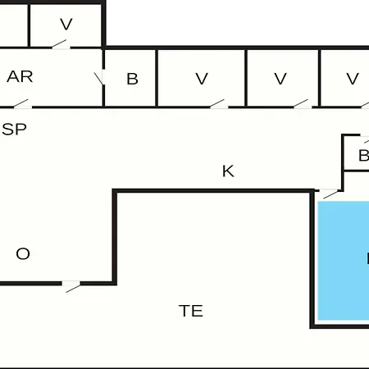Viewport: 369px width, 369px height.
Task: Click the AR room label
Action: pos(20,76)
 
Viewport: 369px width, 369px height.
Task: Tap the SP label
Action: pos(14,130)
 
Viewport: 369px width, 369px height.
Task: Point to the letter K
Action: pos(228,171)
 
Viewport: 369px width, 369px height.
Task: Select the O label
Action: pos(23,253)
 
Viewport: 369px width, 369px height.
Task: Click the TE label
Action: pos(191,311)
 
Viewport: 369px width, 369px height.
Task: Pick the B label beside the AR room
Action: pos(132,79)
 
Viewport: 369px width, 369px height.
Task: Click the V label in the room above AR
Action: pos(66,25)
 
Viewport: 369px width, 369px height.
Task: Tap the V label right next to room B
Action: pos(202,79)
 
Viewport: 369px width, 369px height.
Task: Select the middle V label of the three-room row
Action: pos(280,79)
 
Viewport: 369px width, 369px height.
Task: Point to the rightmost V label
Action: pos(353,79)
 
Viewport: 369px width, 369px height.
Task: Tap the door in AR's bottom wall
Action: pos(22,104)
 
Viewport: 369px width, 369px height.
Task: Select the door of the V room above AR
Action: pos(61,44)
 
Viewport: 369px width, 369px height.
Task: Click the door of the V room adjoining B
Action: pos(218,104)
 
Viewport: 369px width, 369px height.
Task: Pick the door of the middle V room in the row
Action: pos(303,104)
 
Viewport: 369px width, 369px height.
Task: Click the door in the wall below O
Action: pos(71,286)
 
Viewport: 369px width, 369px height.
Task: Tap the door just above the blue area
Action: pos(330,194)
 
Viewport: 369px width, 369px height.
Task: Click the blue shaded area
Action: pos(344,261)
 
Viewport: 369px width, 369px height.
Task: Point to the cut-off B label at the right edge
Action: pos(364,156)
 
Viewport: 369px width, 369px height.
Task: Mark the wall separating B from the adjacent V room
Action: pos(157,78)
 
